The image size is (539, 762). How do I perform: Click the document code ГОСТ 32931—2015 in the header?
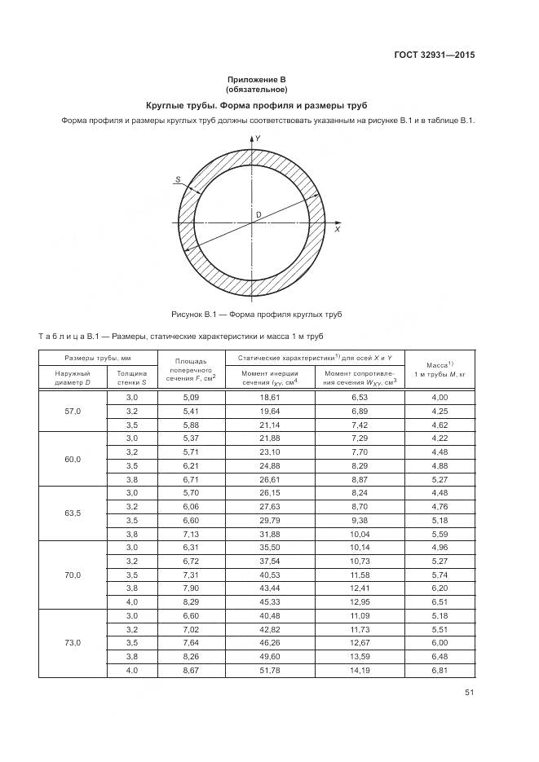point(433,55)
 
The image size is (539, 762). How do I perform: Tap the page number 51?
point(469,693)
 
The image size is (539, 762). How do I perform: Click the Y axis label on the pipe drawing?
point(258,139)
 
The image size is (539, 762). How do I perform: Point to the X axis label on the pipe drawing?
point(337,230)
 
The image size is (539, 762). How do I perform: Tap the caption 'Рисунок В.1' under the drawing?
point(256,314)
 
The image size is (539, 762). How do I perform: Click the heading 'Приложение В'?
point(256,79)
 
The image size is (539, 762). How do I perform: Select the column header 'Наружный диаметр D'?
point(73,377)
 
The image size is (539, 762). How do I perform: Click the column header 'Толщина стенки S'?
point(132,377)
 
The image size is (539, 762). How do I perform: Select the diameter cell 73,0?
point(73,642)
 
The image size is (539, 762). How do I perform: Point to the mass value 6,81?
point(440,671)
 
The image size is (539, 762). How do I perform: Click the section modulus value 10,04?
point(360,534)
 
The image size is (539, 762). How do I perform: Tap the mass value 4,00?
point(440,396)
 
